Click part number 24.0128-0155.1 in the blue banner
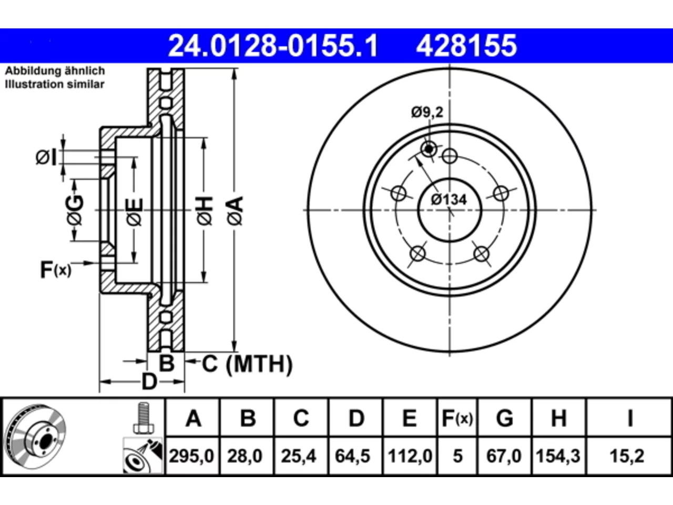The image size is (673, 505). (273, 46)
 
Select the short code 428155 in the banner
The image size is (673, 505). (466, 46)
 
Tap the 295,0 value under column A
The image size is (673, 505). (191, 456)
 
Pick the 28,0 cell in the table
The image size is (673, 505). (244, 456)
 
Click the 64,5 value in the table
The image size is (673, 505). (353, 456)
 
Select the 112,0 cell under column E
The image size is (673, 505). (410, 456)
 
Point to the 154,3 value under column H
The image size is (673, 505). (558, 456)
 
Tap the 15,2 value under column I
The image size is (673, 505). (627, 456)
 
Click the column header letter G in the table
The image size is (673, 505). (505, 418)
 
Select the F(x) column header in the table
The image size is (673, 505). (457, 418)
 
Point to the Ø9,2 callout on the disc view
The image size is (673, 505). (427, 112)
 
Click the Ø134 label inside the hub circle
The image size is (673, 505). (449, 199)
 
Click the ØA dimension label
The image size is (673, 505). (235, 211)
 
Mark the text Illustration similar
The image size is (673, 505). (55, 84)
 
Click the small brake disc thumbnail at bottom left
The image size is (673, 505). (36, 436)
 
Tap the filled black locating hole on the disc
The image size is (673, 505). (429, 149)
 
